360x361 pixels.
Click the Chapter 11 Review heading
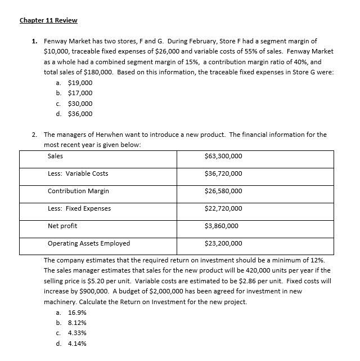(48, 20)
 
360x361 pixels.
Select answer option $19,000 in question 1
(80, 83)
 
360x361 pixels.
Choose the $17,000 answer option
(80, 93)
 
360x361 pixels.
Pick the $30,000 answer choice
(80, 104)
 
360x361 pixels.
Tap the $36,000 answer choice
(80, 114)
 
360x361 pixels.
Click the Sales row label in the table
(56, 156)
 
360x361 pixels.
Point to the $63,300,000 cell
(223, 156)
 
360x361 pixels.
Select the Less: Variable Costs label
(78, 173)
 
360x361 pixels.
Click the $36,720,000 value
(223, 173)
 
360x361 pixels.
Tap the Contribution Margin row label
(78, 191)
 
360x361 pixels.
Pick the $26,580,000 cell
(223, 191)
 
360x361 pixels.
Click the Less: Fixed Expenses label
(79, 208)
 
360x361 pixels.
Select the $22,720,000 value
(223, 208)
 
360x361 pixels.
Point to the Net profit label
(62, 226)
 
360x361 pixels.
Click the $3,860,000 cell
(221, 226)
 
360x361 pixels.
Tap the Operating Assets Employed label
(89, 243)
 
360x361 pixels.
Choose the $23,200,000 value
(223, 243)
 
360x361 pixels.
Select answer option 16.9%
(76, 312)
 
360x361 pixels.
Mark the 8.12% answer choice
(76, 322)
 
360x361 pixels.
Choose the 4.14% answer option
(76, 343)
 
